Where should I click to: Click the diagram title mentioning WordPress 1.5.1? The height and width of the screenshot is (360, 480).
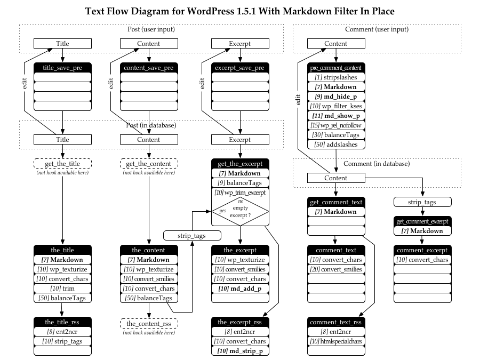point(239,11)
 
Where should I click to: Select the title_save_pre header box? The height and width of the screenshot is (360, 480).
point(62,68)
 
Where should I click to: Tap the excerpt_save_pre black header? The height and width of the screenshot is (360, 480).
point(239,68)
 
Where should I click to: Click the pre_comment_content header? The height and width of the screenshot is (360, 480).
point(335,68)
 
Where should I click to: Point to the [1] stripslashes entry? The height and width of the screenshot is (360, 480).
point(335,77)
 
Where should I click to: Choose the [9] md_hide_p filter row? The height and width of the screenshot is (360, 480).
point(335,97)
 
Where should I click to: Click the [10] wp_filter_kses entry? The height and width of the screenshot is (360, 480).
point(335,106)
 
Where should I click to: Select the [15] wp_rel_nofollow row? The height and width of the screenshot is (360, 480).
point(335,125)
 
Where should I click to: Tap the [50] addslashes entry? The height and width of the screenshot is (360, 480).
point(335,145)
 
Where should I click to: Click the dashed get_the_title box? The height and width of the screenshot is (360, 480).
point(62,164)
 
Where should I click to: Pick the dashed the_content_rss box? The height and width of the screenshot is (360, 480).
point(149,323)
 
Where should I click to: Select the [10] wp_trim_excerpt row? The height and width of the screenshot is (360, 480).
point(239,192)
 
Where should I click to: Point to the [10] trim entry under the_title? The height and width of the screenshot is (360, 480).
point(62,289)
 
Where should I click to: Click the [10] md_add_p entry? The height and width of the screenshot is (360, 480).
point(239,289)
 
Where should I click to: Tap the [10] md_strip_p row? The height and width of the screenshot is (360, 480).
point(239,351)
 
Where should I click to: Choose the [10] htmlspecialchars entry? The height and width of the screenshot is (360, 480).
point(335,341)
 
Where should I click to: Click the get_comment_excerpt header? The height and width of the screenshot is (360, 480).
point(422,221)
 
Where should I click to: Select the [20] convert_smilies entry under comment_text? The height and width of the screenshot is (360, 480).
point(335,269)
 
